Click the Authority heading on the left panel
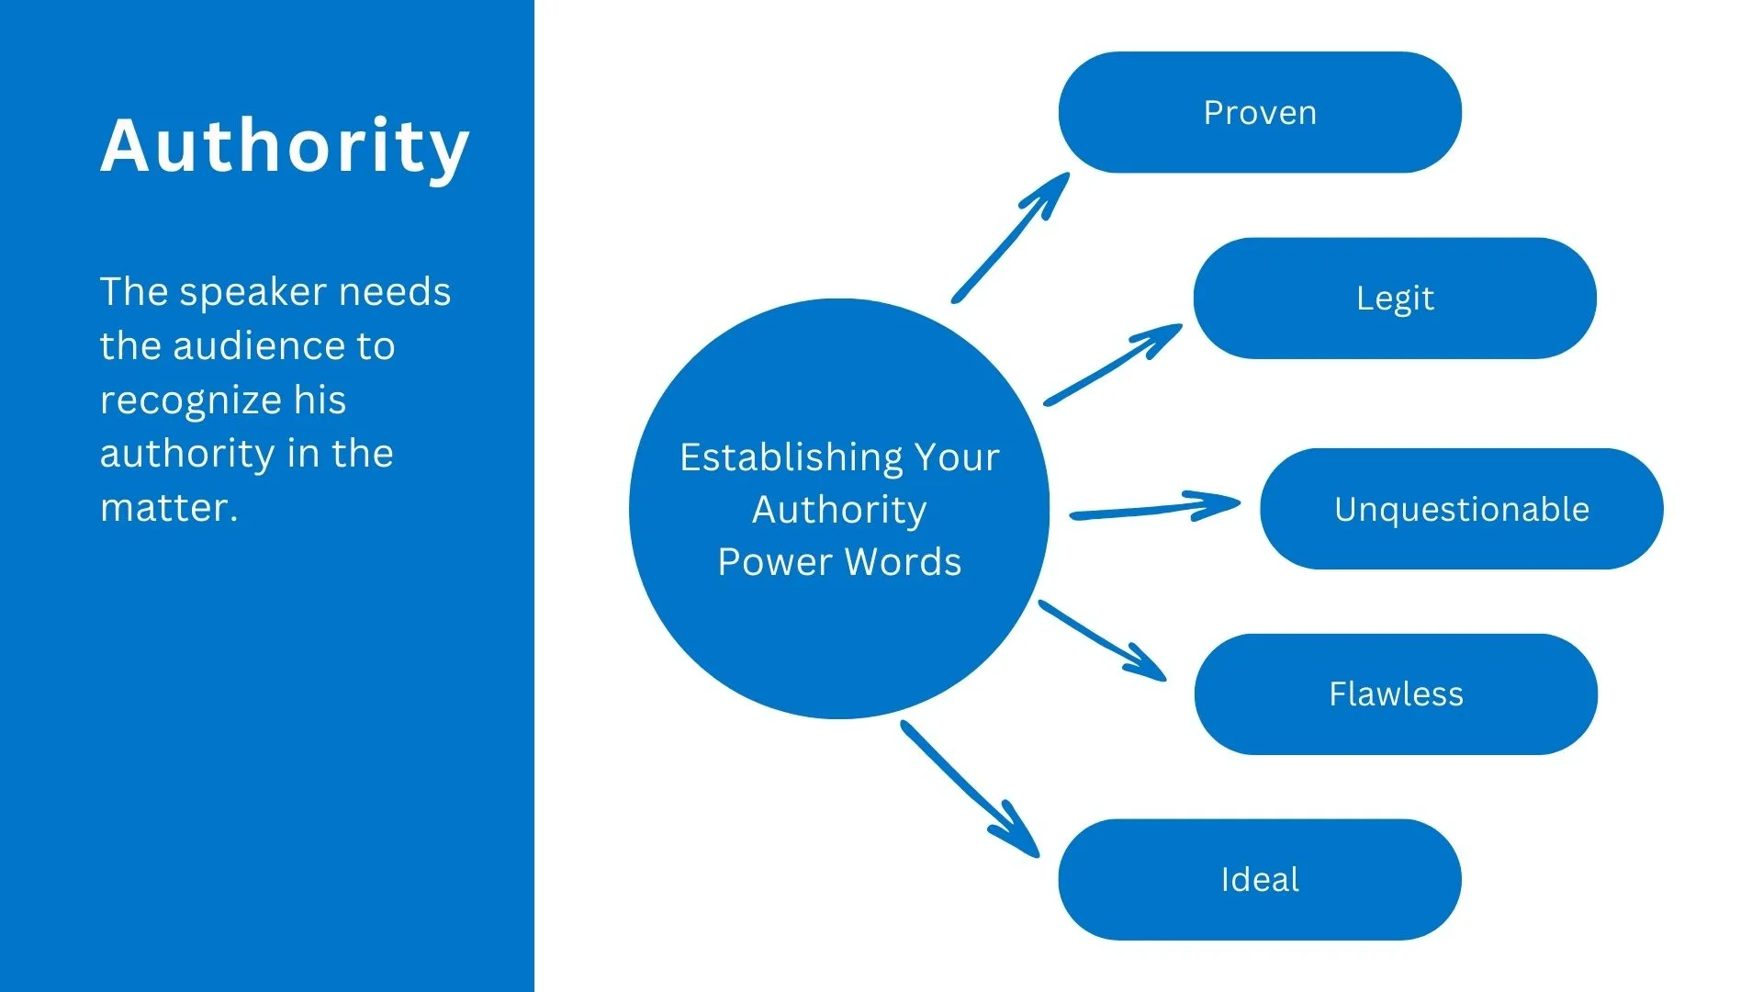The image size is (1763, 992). (285, 147)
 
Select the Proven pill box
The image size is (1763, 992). (1260, 112)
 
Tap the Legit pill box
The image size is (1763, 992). (1395, 299)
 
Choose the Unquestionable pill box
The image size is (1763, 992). (1461, 509)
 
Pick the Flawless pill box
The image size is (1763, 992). (1396, 694)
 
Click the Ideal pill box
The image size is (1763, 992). (1260, 880)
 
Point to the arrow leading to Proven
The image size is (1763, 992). (1010, 237)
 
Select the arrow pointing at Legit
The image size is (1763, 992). (1113, 365)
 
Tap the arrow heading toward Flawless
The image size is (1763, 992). (1102, 640)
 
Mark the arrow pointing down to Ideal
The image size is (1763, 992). (970, 789)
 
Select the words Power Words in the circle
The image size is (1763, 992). (839, 562)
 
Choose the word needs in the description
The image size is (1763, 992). (395, 293)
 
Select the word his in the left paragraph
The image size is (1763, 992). (320, 400)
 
